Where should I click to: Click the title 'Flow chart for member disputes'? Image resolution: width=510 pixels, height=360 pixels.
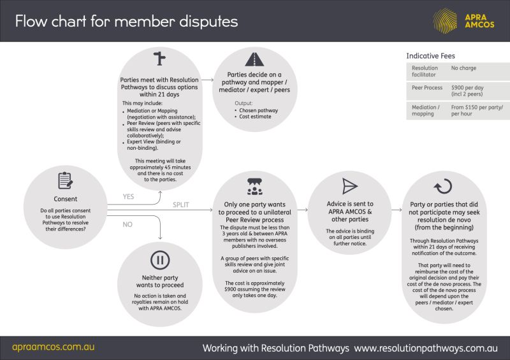[126, 21]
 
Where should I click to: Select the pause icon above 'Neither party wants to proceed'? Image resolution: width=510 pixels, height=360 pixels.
[159, 260]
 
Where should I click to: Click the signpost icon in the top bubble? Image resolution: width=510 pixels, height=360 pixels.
[159, 59]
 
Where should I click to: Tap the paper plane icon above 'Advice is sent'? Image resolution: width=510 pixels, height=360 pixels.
[350, 186]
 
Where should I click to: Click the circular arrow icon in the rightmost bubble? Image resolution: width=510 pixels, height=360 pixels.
[442, 186]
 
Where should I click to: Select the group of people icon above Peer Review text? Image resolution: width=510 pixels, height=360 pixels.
[255, 186]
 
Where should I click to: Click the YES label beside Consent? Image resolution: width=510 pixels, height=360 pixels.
[129, 197]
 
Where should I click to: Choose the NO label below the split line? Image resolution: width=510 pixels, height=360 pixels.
[127, 225]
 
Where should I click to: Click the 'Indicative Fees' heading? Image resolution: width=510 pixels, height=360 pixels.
[431, 56]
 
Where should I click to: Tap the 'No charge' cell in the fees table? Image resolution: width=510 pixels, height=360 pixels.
[463, 68]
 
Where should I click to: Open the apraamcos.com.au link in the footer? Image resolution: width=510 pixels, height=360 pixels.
[54, 348]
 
